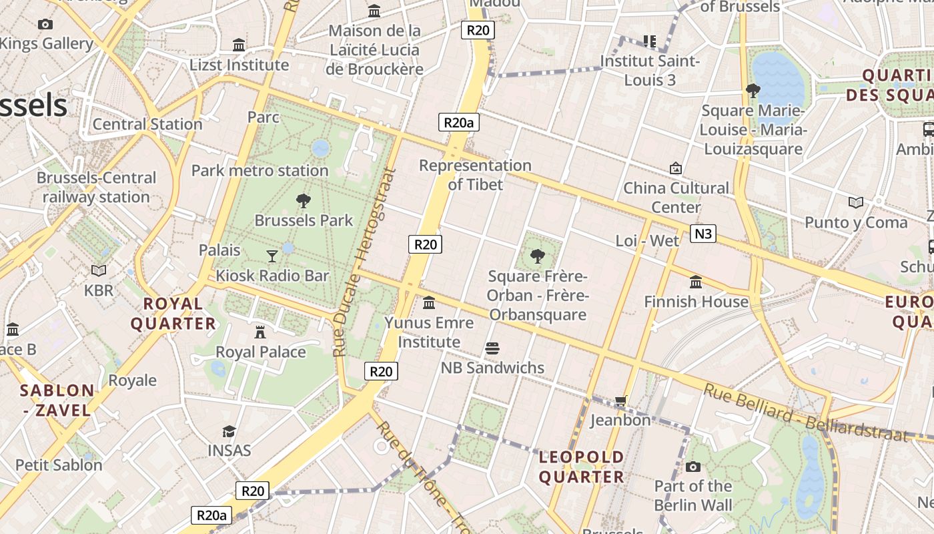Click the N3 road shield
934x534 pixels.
(703, 233)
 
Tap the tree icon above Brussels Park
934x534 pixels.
(304, 200)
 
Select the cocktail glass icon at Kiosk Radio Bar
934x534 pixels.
(272, 255)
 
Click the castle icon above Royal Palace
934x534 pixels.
(260, 332)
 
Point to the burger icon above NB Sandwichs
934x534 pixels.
(493, 348)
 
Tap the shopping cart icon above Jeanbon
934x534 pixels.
(620, 400)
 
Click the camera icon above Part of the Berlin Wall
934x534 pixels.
(693, 467)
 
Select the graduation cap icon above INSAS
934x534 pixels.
(229, 431)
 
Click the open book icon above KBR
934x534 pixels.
(99, 270)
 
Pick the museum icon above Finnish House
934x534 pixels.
(696, 282)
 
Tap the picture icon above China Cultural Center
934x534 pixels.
(676, 168)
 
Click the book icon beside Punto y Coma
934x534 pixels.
(855, 202)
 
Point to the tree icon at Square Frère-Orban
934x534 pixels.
(537, 256)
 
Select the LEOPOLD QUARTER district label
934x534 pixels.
(581, 467)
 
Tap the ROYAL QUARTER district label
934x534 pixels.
(173, 314)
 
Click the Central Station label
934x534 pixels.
(147, 124)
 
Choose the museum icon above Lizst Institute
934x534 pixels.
(239, 45)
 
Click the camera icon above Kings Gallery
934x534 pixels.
(45, 24)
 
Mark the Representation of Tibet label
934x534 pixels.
(475, 175)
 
